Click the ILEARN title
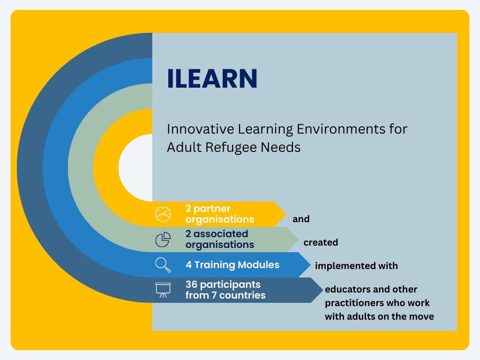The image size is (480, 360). pyautogui.click(x=212, y=78)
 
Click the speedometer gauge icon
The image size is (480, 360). pyautogui.click(x=163, y=214)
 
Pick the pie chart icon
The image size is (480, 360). pyautogui.click(x=163, y=240)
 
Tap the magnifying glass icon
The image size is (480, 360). pyautogui.click(x=163, y=265)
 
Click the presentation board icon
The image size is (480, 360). pyautogui.click(x=163, y=290)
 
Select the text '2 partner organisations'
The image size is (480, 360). pyautogui.click(x=220, y=214)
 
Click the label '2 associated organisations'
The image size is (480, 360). pyautogui.click(x=220, y=240)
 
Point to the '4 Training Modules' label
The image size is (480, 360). pyautogui.click(x=232, y=265)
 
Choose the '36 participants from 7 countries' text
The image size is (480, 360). pyautogui.click(x=225, y=290)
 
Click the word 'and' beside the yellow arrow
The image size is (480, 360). pyautogui.click(x=301, y=219)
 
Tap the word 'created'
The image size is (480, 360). pyautogui.click(x=321, y=242)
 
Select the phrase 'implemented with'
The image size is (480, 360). pyautogui.click(x=356, y=266)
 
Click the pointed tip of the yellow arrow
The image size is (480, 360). pyautogui.click(x=286, y=214)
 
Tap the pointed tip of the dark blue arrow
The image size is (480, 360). pyautogui.click(x=323, y=290)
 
